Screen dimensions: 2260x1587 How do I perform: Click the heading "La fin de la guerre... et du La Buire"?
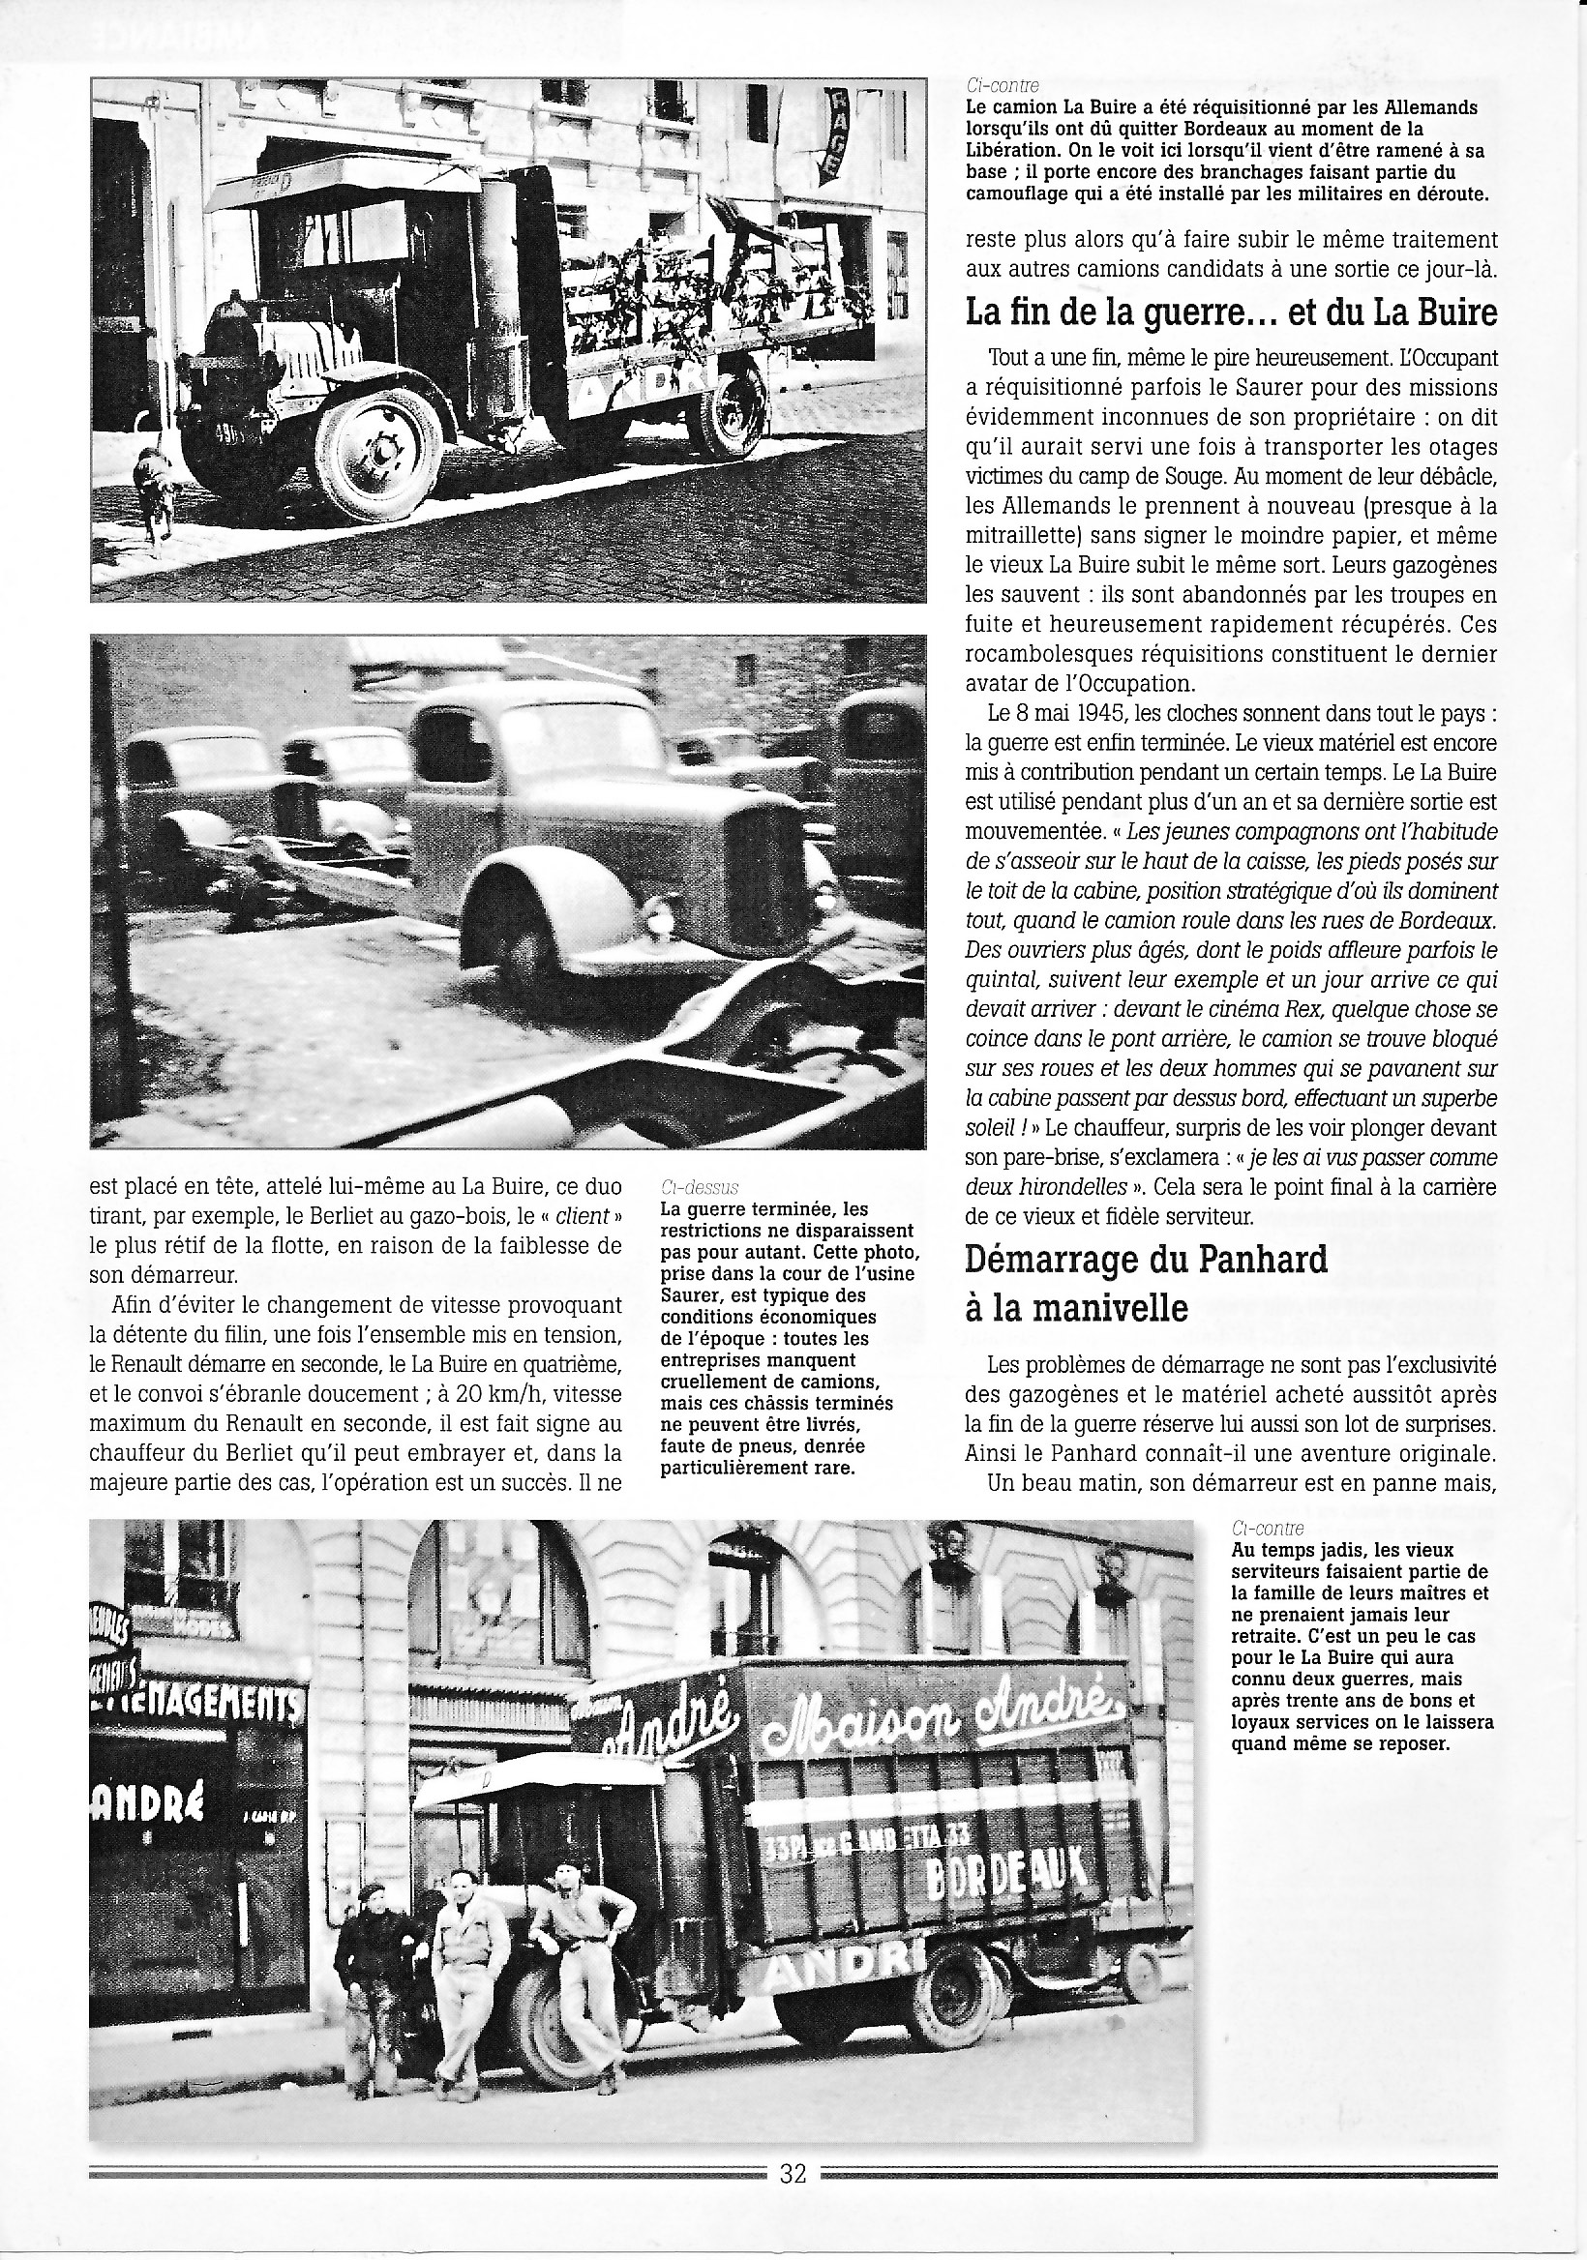(1231, 313)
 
